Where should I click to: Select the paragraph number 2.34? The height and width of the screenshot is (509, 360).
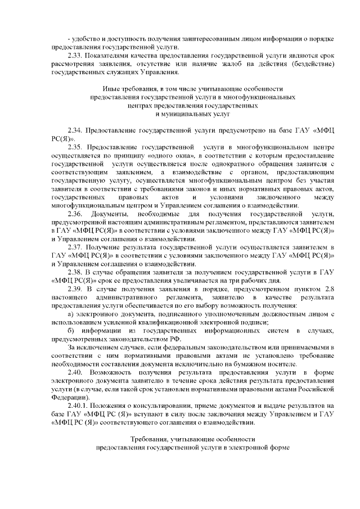click(75, 130)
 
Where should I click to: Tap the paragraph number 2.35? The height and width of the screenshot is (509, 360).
click(75, 147)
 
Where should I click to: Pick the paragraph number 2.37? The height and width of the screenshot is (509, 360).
click(75, 248)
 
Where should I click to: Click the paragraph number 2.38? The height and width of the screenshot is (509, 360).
click(75, 272)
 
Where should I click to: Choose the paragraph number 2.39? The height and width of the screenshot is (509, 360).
click(75, 289)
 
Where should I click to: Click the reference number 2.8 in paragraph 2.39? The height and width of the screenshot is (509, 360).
click(330, 289)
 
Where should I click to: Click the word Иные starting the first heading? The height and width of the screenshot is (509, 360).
click(111, 89)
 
